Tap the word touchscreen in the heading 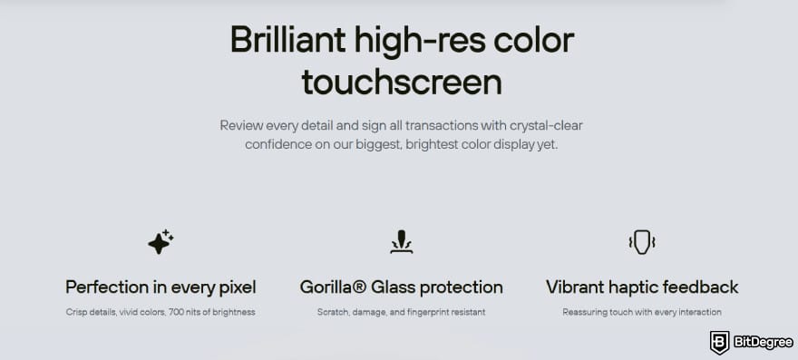tap(402, 82)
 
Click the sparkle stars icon tap(161, 241)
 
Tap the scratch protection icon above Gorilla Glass tap(401, 241)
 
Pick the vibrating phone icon tap(642, 241)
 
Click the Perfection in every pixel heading tap(161, 287)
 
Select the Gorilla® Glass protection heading tap(401, 287)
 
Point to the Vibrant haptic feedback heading tap(642, 287)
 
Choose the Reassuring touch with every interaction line tap(642, 312)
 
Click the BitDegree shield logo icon tap(720, 342)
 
